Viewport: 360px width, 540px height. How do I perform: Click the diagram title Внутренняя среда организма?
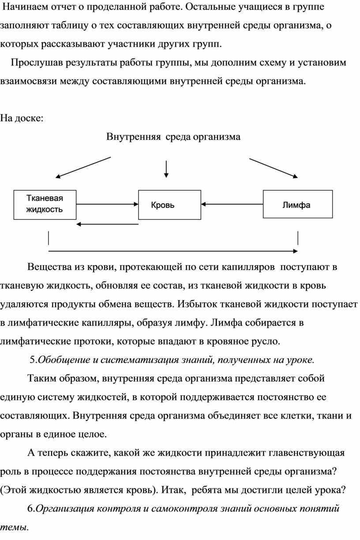[173, 137]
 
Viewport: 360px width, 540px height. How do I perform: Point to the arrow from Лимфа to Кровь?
[232, 204]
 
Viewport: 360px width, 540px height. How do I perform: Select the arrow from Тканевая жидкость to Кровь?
[107, 204]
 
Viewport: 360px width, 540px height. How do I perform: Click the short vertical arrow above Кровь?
[166, 169]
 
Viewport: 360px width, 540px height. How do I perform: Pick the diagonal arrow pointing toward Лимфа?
[274, 168]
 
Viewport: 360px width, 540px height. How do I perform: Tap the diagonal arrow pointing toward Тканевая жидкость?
[83, 168]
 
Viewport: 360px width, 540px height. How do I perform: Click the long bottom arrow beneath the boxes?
[173, 251]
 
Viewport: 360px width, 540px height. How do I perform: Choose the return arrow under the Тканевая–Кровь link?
[107, 224]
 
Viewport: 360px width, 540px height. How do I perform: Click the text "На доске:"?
[22, 118]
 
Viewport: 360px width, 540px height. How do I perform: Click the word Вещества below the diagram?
[50, 267]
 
